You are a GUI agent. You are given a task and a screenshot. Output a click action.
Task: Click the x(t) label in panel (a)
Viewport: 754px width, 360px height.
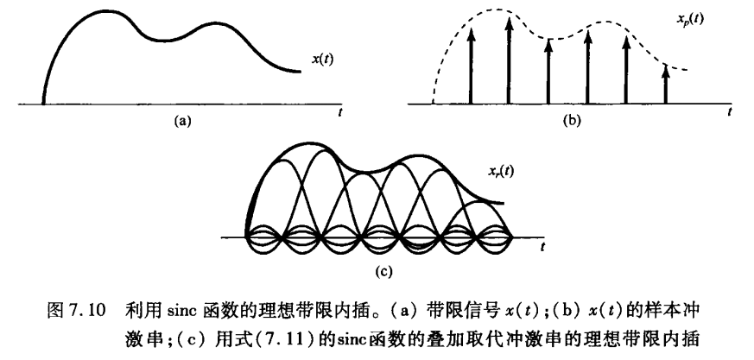[325, 60]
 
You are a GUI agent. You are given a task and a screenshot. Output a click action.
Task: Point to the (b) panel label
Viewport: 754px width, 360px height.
[572, 123]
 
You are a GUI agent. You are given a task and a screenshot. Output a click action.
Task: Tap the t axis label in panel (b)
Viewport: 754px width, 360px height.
[730, 112]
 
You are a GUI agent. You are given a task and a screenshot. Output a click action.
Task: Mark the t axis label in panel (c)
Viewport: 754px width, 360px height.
[542, 247]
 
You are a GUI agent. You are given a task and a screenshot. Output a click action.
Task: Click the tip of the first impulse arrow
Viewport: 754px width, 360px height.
[471, 31]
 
